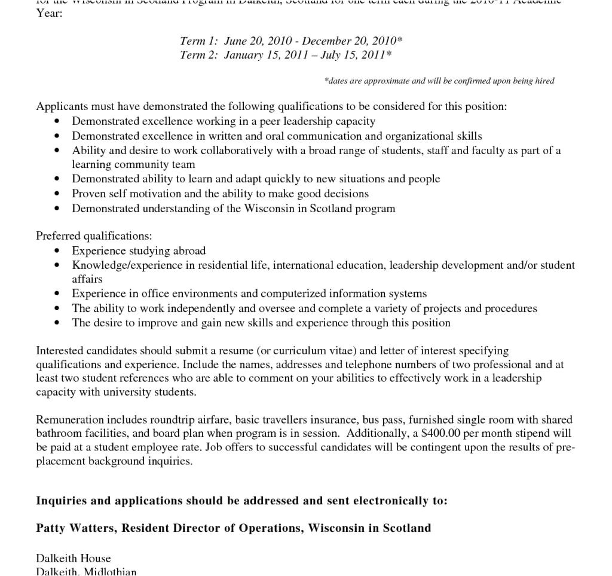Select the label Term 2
(x=199, y=56)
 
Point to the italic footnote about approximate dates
(x=439, y=81)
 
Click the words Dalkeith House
(x=74, y=559)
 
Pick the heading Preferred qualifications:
(x=94, y=236)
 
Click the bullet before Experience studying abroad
(x=57, y=251)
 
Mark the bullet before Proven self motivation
(x=57, y=194)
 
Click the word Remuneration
(x=70, y=419)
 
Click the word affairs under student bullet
(x=87, y=279)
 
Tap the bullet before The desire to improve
(x=57, y=323)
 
